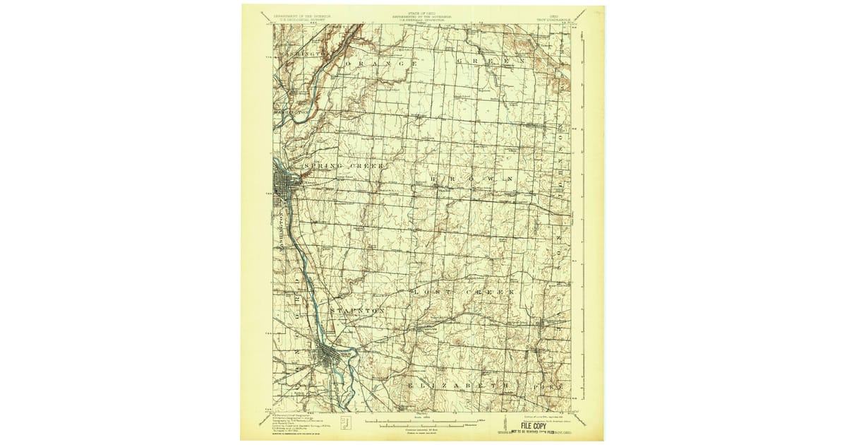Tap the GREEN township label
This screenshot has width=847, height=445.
491,61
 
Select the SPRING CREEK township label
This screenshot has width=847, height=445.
342,166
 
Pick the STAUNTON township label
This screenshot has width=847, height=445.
356,310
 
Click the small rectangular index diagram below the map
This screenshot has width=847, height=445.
345,422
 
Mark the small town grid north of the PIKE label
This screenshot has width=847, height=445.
545,326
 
